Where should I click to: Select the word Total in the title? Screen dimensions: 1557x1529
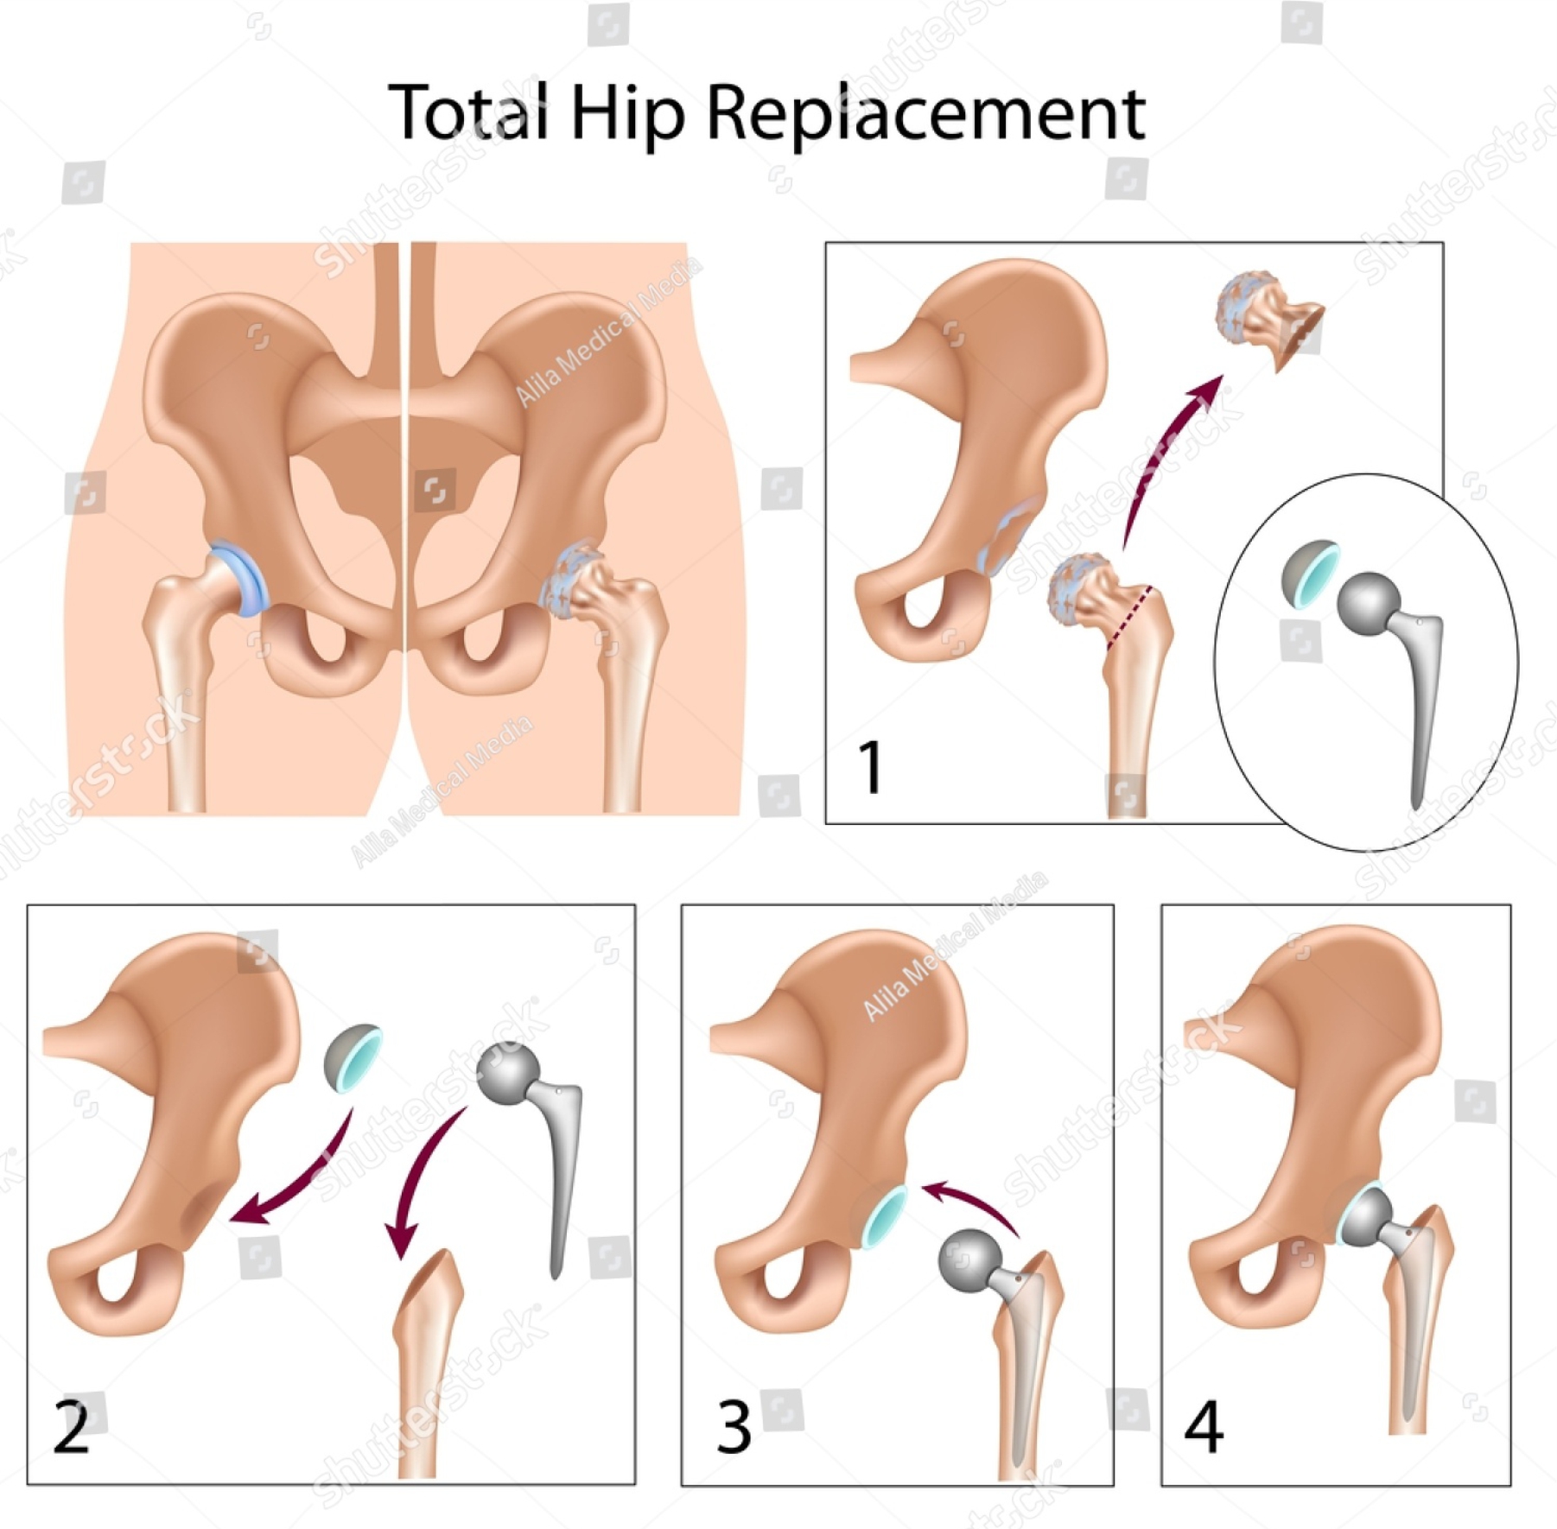[467, 111]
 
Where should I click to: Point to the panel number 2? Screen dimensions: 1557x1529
[72, 1426]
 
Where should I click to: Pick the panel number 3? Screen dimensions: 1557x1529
[734, 1426]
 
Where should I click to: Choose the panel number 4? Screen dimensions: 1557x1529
[1204, 1426]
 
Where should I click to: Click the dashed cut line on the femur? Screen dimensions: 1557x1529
[1129, 617]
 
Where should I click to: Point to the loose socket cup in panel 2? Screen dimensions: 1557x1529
[351, 1056]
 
